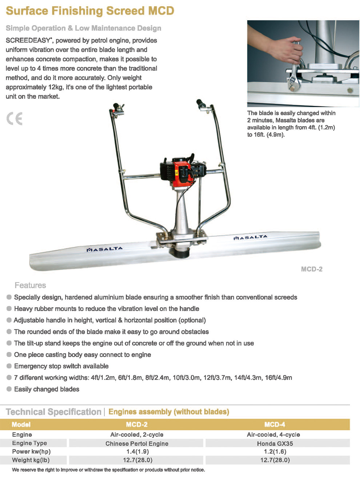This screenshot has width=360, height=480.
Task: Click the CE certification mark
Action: pyautogui.click(x=15, y=119)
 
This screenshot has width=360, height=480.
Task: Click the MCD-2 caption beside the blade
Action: pyautogui.click(x=312, y=269)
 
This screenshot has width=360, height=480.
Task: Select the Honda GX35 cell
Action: pyautogui.click(x=275, y=443)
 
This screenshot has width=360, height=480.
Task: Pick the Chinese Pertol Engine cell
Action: pyautogui.click(x=137, y=443)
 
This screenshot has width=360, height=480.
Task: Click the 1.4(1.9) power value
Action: pyautogui.click(x=137, y=452)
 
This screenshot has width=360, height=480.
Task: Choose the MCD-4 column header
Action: pyautogui.click(x=275, y=424)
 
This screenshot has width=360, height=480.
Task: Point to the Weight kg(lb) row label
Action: pyautogui.click(x=31, y=460)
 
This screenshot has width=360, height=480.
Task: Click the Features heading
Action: pyautogui.click(x=30, y=285)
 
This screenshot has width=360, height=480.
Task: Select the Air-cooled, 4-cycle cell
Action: pyautogui.click(x=273, y=435)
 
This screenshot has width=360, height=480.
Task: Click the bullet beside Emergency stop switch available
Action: pyautogui.click(x=9, y=366)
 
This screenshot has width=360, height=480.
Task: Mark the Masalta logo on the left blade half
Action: pyautogui.click(x=105, y=249)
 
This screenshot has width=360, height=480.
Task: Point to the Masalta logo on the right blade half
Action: pyautogui.click(x=250, y=237)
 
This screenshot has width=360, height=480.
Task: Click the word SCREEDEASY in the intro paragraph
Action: pyautogui.click(x=28, y=40)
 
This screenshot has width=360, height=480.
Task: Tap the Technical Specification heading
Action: pyautogui.click(x=53, y=412)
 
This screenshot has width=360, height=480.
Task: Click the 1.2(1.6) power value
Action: pyautogui.click(x=275, y=452)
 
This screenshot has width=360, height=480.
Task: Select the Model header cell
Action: pyautogui.click(x=21, y=424)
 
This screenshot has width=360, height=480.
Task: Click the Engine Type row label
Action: pyautogui.click(x=29, y=443)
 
